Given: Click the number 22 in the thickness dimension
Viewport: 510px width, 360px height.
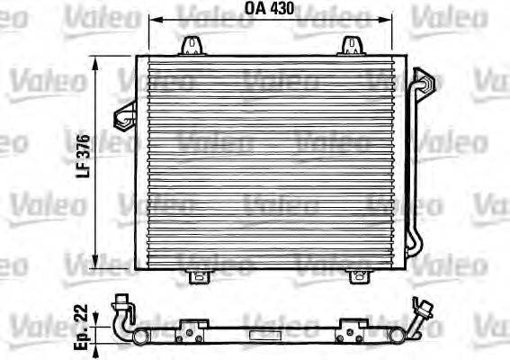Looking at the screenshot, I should point(83,311).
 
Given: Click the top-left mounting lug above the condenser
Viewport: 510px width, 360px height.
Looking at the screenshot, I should point(192,44).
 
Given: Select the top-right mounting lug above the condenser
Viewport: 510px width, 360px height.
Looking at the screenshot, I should point(352,44).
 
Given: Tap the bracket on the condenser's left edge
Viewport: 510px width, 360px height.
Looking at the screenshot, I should point(124,112).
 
